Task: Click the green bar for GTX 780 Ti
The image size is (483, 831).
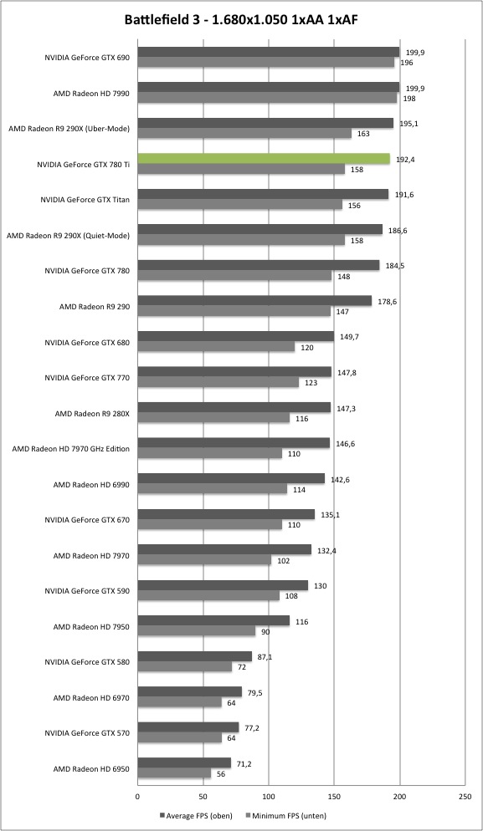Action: click(264, 159)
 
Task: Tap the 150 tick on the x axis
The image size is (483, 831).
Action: click(334, 796)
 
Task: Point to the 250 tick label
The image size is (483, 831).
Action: click(465, 796)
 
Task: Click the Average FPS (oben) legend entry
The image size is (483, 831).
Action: click(196, 816)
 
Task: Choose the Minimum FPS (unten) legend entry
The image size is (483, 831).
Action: click(286, 816)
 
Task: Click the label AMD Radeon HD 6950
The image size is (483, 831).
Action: click(91, 768)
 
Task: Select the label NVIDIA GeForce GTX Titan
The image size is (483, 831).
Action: click(85, 200)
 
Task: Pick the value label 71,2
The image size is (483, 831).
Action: click(243, 763)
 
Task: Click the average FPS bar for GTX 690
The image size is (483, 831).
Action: click(269, 52)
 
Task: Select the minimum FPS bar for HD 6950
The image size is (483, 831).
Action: click(175, 774)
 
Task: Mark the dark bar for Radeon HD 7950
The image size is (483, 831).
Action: click(214, 620)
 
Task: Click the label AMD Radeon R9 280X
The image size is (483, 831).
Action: click(92, 413)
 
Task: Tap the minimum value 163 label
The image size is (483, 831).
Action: click(363, 134)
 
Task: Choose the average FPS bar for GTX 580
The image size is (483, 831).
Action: click(195, 656)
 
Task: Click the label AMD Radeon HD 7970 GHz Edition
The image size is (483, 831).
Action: click(71, 449)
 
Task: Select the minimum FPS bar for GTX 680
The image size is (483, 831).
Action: click(217, 347)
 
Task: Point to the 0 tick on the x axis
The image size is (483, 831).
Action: click(137, 796)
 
